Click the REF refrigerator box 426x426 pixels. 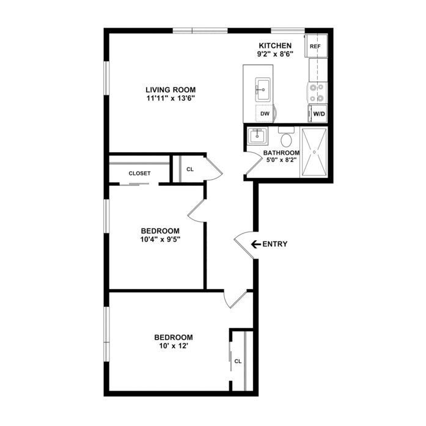tap(316, 46)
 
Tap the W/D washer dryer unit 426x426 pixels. tap(317, 114)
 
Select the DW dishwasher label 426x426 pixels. tap(265, 114)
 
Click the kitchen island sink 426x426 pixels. tap(262, 89)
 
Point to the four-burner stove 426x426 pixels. tap(317, 93)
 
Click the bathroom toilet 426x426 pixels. tap(286, 137)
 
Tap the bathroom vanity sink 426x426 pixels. tap(257, 135)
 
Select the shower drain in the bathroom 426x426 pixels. tap(315, 152)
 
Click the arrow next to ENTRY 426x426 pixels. tap(256, 244)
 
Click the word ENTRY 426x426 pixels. tap(275, 244)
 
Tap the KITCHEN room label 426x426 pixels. tap(275, 46)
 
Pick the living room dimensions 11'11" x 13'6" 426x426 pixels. tap(171, 98)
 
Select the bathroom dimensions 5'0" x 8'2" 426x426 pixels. tap(281, 160)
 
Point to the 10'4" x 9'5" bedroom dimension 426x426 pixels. tap(161, 240)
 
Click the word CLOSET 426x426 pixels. tap(139, 174)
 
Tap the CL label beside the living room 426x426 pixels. tap(190, 169)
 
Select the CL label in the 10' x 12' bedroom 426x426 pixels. tap(238, 361)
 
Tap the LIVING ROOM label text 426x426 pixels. tap(171, 90)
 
